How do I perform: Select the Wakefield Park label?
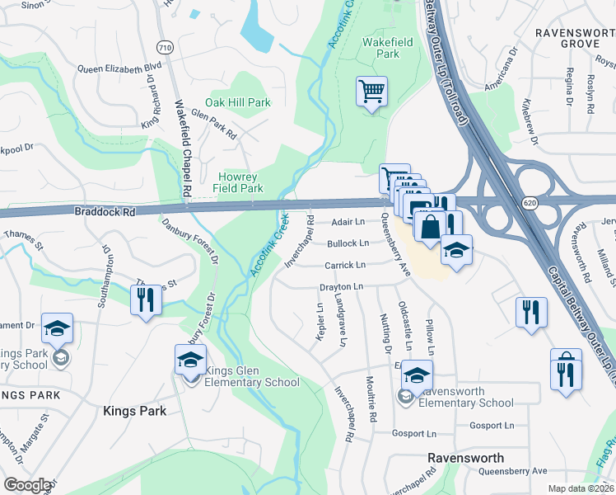pyautogui.click(x=381, y=48)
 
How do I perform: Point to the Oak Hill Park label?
pyautogui.click(x=238, y=103)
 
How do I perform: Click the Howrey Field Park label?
pyautogui.click(x=240, y=182)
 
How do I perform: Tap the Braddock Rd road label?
pyautogui.click(x=105, y=211)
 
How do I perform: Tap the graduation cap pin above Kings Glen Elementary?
pyautogui.click(x=190, y=361)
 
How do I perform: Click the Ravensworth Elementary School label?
pyautogui.click(x=466, y=397)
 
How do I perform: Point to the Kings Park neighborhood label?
pyautogui.click(x=134, y=411)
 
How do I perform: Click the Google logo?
pyautogui.click(x=26, y=485)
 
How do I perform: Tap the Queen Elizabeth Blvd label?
pyautogui.click(x=119, y=68)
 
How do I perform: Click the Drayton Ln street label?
pyautogui.click(x=341, y=286)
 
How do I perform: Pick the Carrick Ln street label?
pyautogui.click(x=344, y=266)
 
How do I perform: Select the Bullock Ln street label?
pyautogui.click(x=348, y=243)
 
